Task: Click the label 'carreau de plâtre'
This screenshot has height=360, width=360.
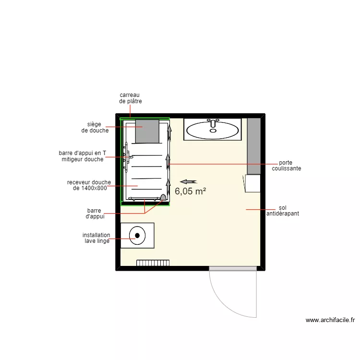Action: [131, 98]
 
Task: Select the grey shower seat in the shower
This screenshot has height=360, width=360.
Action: [147, 132]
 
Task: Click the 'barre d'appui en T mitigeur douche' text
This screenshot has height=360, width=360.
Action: [83, 156]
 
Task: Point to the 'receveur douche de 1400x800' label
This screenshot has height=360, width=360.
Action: [89, 185]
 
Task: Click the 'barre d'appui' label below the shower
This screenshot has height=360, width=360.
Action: [96, 213]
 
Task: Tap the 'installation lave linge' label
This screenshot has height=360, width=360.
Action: [96, 238]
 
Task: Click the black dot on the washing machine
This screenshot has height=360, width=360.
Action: [138, 235]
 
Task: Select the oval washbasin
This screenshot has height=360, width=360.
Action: [212, 130]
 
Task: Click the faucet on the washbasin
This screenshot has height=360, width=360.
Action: [213, 123]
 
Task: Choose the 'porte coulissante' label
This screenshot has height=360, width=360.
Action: [287, 166]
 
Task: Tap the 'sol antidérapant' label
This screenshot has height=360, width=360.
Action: [282, 210]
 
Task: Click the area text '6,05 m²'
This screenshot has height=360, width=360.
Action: [191, 191]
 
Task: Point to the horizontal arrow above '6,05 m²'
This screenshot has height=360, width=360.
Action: [189, 181]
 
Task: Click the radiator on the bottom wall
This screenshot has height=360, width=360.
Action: [153, 263]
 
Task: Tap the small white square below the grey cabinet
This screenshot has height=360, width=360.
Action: [252, 183]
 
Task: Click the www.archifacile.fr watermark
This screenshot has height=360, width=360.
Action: [330, 320]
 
